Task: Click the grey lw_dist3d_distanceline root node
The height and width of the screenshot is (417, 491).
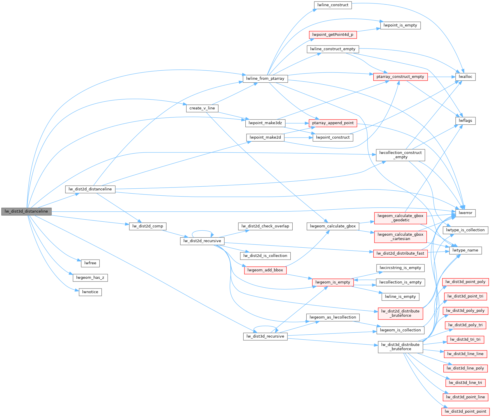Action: coord(26,211)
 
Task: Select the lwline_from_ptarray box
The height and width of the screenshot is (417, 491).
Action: coord(265,79)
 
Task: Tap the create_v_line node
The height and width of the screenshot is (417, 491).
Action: coord(202,108)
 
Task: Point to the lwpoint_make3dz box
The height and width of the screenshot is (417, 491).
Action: coord(265,123)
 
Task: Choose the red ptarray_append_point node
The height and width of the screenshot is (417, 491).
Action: coord(333,123)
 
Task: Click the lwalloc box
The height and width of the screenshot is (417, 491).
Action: coord(465,77)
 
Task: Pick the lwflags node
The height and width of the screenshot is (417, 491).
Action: coord(465,121)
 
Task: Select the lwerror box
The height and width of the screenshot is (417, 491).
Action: coord(465,213)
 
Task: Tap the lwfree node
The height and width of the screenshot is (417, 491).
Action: coord(90,263)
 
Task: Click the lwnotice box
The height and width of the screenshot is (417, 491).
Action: coord(90,292)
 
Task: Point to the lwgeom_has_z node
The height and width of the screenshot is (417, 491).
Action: coord(90,277)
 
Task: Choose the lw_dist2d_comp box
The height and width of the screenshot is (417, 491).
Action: coord(148,226)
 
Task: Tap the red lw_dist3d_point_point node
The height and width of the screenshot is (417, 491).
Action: coord(465,411)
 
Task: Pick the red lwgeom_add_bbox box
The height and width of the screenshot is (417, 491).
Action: coord(265,270)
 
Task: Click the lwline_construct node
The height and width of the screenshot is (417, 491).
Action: coord(333,5)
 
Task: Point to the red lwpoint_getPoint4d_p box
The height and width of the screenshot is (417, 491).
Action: coord(333,35)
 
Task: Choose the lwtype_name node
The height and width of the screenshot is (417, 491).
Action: coord(465,250)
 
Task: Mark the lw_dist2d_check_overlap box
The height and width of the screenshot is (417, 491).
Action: coord(265,226)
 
